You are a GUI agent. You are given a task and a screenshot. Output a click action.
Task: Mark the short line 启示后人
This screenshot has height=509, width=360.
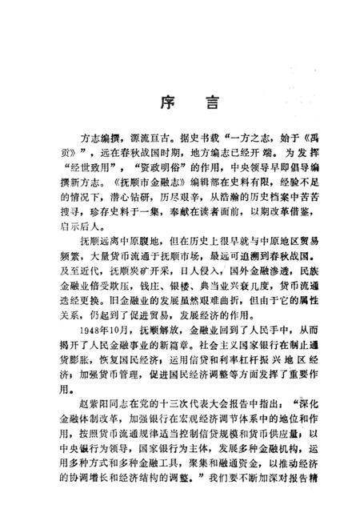pos(76,218)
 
